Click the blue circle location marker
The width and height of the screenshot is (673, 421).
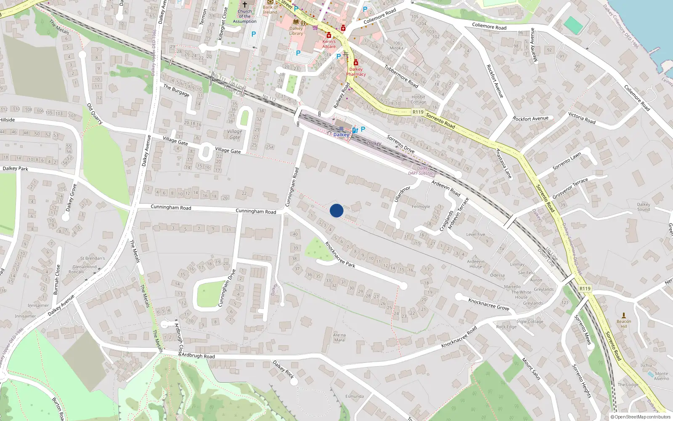[x=336, y=210]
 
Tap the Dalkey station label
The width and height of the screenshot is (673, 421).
[x=341, y=135]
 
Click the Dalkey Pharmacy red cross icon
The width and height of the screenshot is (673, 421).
[x=356, y=63]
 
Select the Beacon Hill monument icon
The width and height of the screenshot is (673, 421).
[x=624, y=315]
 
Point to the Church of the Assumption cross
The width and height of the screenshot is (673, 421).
[x=245, y=4]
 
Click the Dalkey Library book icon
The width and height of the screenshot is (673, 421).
[x=296, y=21]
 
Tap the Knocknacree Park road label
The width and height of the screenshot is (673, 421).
[x=340, y=255]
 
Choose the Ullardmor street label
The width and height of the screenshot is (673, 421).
[x=402, y=194]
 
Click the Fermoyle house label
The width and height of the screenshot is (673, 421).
[x=421, y=207]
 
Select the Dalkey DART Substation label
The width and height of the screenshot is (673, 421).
[x=423, y=171]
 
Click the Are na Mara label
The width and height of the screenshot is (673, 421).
[x=339, y=338]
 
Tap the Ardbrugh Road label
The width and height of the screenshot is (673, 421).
[x=198, y=356]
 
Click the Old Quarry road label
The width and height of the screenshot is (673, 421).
[x=95, y=113]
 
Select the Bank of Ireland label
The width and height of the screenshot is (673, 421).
[x=270, y=9]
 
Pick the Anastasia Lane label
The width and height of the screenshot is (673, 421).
[x=503, y=164]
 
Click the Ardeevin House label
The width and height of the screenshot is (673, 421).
[x=476, y=264]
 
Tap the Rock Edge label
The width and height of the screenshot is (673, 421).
[x=506, y=327]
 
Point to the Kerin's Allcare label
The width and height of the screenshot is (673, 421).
[x=329, y=44]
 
